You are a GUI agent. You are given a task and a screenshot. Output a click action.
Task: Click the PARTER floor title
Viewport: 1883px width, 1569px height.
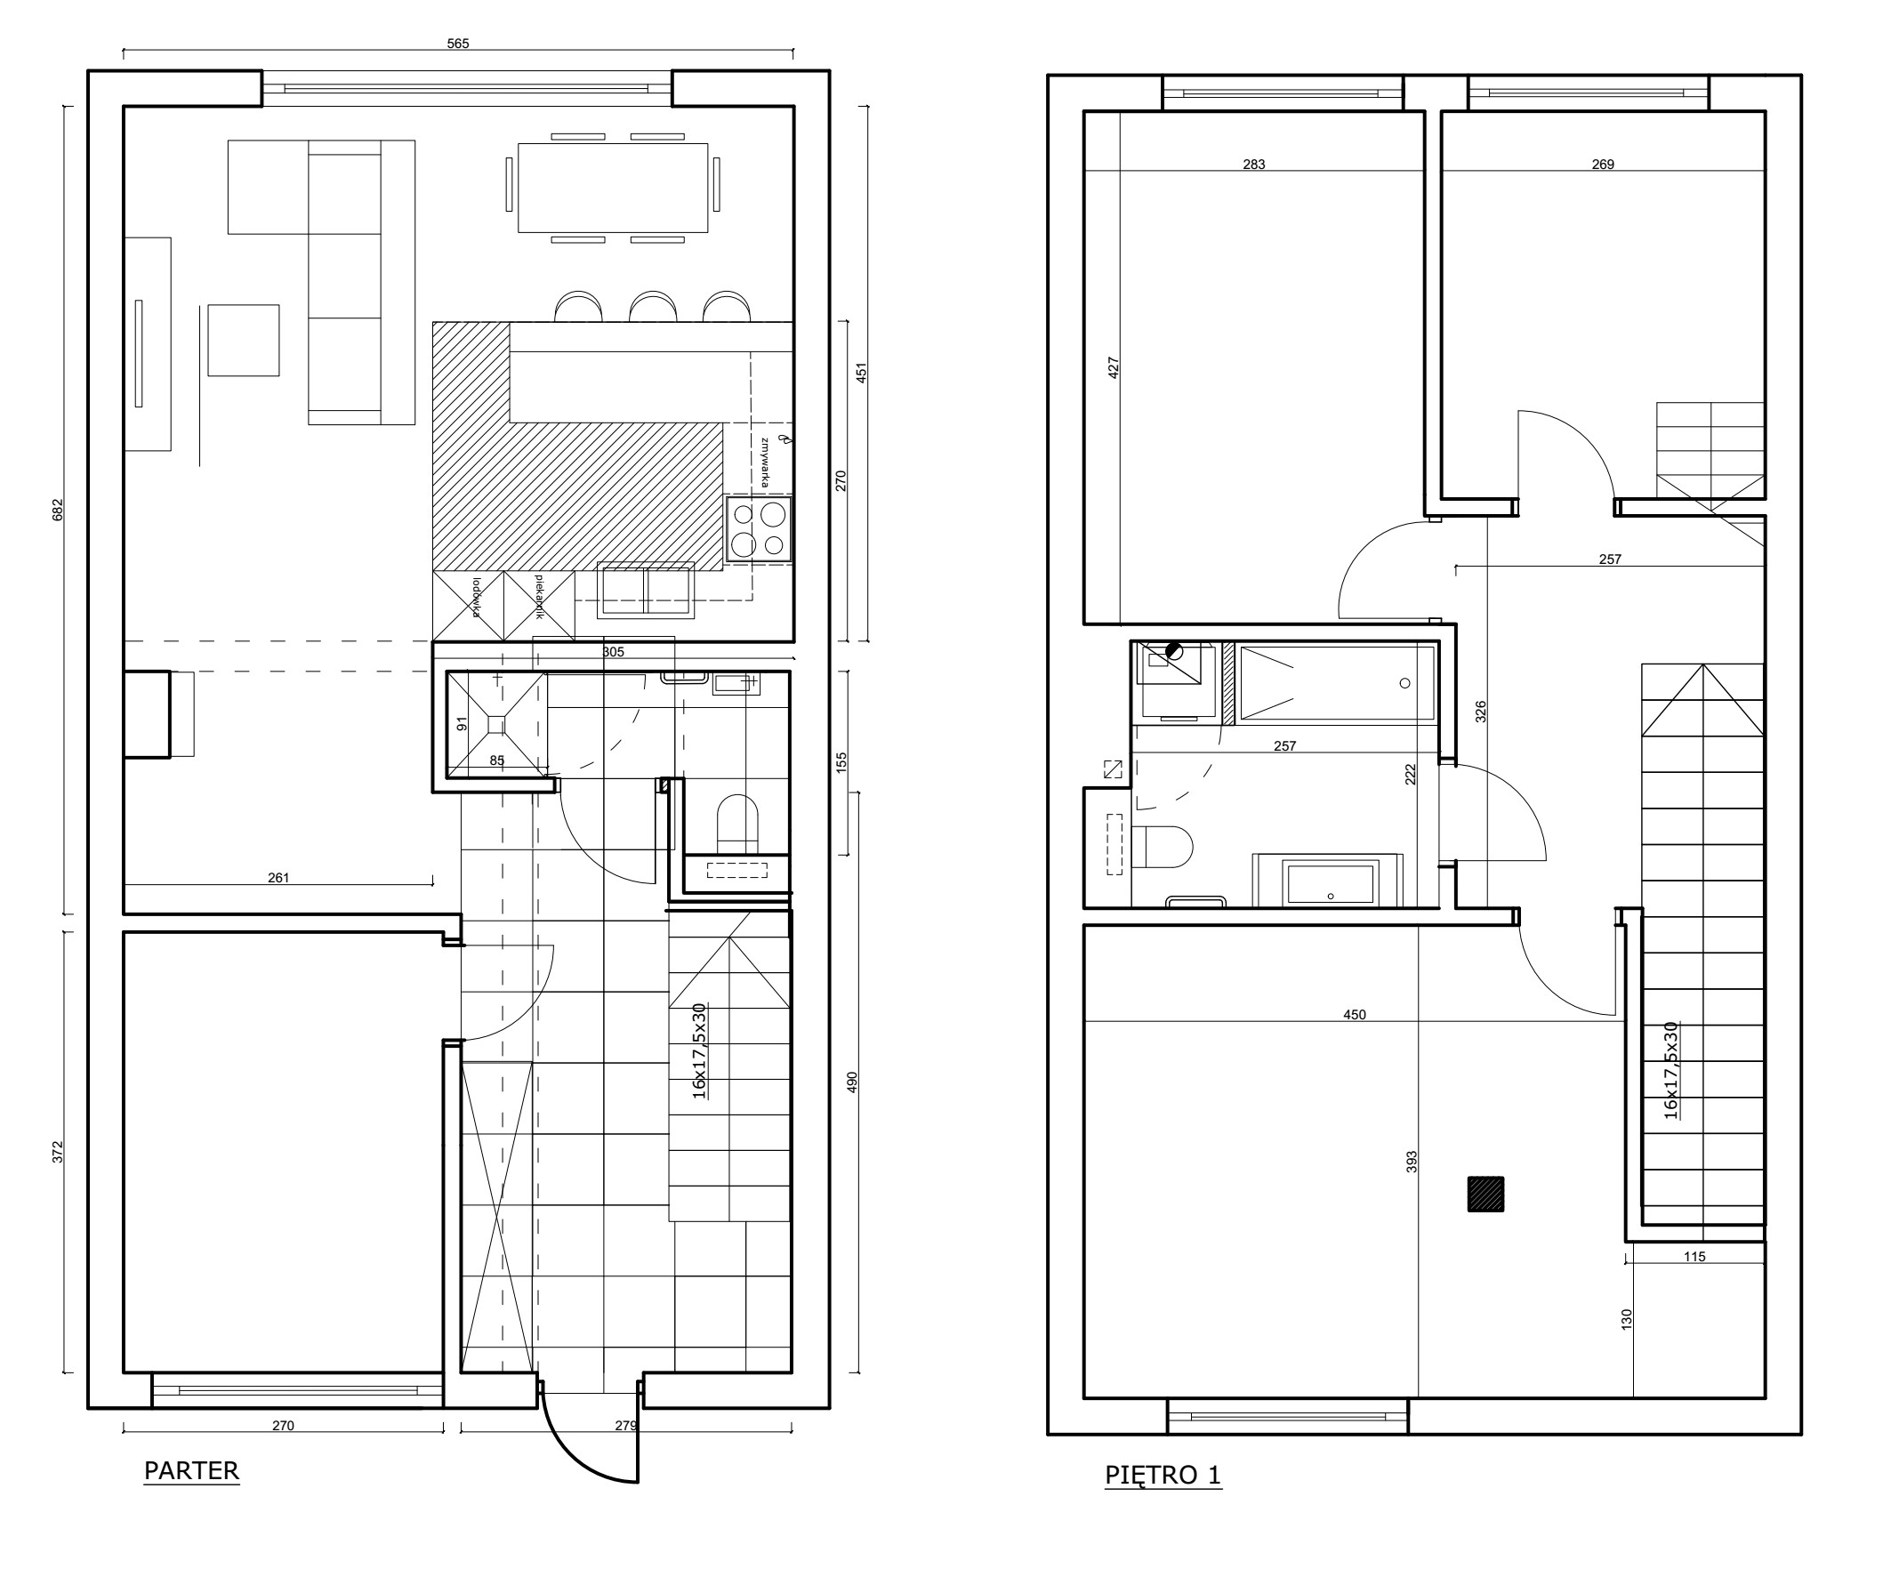pyautogui.click(x=191, y=1471)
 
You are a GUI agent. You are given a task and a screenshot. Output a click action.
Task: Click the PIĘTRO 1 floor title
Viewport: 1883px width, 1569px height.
pyautogui.click(x=1163, y=1475)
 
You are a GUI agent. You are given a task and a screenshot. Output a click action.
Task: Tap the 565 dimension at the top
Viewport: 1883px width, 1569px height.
pyautogui.click(x=458, y=43)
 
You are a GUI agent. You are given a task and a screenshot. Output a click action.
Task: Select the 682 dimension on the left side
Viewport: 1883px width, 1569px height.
pyautogui.click(x=59, y=510)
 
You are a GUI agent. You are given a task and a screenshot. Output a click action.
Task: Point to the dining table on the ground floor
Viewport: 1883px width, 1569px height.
pyautogui.click(x=613, y=188)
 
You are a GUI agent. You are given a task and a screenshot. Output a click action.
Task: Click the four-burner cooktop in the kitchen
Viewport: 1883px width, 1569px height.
pyautogui.click(x=759, y=529)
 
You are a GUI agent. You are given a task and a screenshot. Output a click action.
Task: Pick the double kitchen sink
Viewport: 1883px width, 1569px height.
pyautogui.click(x=645, y=590)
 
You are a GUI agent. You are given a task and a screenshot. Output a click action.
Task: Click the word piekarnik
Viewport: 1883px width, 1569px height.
pyautogui.click(x=539, y=597)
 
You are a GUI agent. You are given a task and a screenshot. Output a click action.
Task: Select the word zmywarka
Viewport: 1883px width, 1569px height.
pyautogui.click(x=764, y=463)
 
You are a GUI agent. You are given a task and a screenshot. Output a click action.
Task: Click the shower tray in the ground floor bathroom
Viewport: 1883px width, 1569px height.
pyautogui.click(x=496, y=723)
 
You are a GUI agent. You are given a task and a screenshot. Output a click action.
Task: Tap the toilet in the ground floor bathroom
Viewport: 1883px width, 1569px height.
pyautogui.click(x=737, y=823)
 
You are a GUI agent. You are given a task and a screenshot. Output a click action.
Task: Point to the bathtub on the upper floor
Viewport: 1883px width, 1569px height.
pyautogui.click(x=1336, y=683)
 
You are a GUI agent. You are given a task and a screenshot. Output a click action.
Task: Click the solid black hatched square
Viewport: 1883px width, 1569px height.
pyautogui.click(x=1485, y=1195)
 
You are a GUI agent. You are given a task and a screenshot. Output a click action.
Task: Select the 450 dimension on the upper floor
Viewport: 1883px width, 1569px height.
pyautogui.click(x=1355, y=1015)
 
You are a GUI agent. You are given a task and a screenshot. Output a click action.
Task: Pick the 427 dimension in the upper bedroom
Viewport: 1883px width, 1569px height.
pyautogui.click(x=1114, y=367)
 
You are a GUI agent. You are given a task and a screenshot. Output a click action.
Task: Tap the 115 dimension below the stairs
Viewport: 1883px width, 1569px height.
pyautogui.click(x=1694, y=1257)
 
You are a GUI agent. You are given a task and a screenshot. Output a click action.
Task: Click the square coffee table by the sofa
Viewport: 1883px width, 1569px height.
pyautogui.click(x=243, y=340)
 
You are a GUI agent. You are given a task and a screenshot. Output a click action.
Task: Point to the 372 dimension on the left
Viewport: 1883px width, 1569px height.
pyautogui.click(x=59, y=1152)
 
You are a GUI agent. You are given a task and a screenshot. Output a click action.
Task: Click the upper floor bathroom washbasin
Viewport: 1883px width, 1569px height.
pyautogui.click(x=1330, y=883)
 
